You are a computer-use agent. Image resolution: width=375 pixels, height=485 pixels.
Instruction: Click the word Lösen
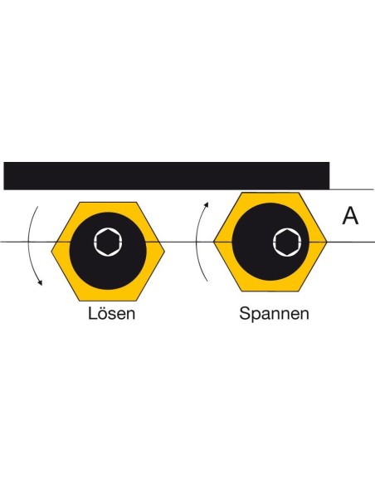(x=111, y=313)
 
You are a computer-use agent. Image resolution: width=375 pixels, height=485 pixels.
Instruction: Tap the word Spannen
(x=274, y=314)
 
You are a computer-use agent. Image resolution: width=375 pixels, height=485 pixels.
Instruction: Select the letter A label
(x=351, y=216)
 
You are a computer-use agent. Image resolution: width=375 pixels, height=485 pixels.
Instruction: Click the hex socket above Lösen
(x=108, y=242)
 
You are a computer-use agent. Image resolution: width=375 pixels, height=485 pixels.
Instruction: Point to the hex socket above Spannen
(x=288, y=242)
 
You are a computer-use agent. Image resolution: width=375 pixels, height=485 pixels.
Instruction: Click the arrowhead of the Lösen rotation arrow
(x=40, y=282)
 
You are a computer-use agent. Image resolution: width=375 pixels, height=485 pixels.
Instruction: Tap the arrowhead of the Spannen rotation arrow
(x=207, y=205)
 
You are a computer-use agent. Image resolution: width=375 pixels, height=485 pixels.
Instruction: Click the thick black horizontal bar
(x=167, y=176)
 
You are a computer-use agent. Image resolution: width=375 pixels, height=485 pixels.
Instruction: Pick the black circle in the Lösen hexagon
(x=108, y=251)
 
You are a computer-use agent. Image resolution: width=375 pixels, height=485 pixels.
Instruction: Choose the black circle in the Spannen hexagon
(x=270, y=242)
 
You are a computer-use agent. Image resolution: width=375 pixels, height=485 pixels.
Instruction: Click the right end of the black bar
(x=329, y=176)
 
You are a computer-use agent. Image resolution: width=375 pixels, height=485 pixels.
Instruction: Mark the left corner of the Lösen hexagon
(x=51, y=252)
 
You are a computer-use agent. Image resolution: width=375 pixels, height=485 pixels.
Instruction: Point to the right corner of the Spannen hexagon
(x=327, y=242)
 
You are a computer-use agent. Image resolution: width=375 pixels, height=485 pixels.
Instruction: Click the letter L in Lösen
(x=92, y=313)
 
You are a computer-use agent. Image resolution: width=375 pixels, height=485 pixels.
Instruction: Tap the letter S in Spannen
(x=246, y=313)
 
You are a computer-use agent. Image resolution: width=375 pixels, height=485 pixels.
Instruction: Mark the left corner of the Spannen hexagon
(x=214, y=242)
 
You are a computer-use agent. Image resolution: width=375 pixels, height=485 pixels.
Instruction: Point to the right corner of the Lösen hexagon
(x=164, y=251)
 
